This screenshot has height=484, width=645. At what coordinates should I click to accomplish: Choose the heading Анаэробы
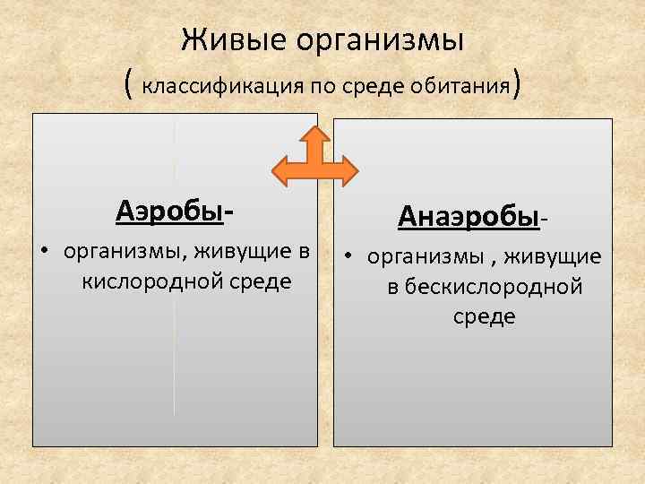pos(469,216)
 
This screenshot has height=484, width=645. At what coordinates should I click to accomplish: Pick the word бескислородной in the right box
pos(485,287)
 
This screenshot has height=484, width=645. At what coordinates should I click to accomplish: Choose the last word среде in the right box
pos(484,316)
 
